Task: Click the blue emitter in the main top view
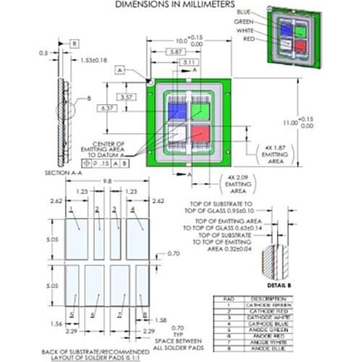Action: click(175, 109)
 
